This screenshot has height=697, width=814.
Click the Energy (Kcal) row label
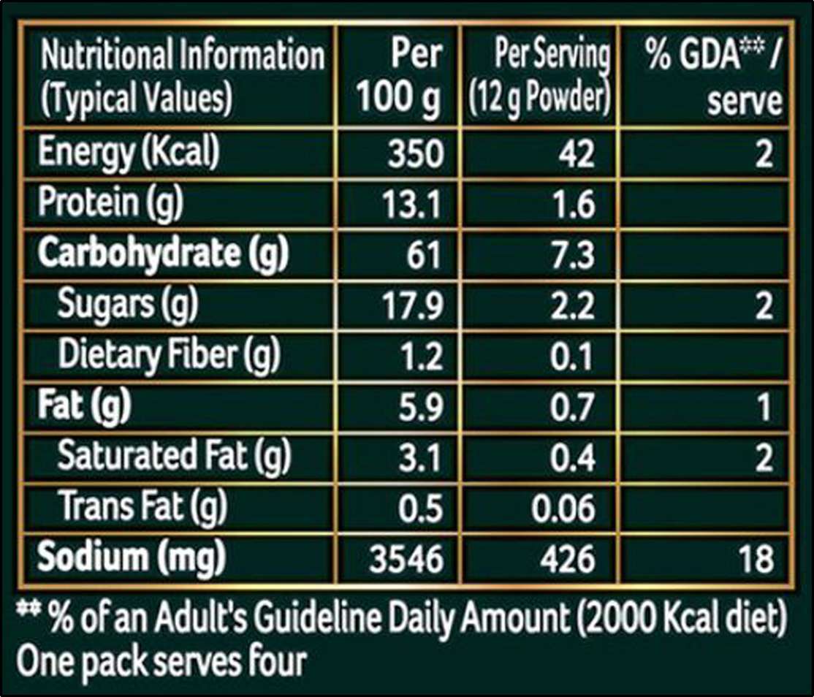tap(129, 153)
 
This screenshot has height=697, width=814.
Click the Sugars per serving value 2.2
tap(573, 305)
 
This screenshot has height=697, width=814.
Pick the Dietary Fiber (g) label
tap(169, 356)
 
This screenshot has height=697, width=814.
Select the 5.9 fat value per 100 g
tap(420, 406)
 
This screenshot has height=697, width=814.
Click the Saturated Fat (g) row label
tap(174, 457)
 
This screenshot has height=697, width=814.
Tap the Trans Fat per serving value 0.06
tap(563, 508)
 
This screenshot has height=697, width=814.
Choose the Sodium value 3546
tap(408, 559)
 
